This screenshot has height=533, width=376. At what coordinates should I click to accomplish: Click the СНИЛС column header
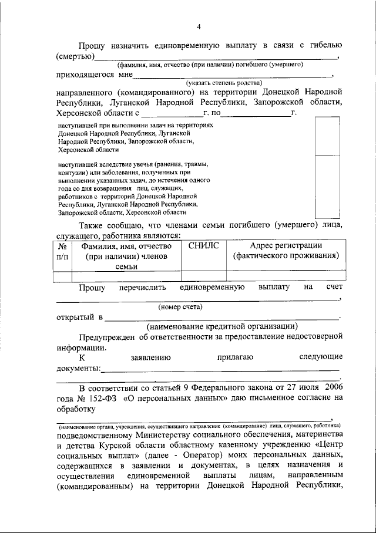203,246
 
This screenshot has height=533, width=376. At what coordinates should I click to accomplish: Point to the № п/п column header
62,251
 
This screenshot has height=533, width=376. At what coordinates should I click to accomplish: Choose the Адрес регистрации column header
286,251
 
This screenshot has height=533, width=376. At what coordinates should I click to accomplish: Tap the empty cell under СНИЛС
203,275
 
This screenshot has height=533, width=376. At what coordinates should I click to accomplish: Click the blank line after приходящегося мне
233,76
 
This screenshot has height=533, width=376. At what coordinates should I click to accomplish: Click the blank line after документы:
220,369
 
